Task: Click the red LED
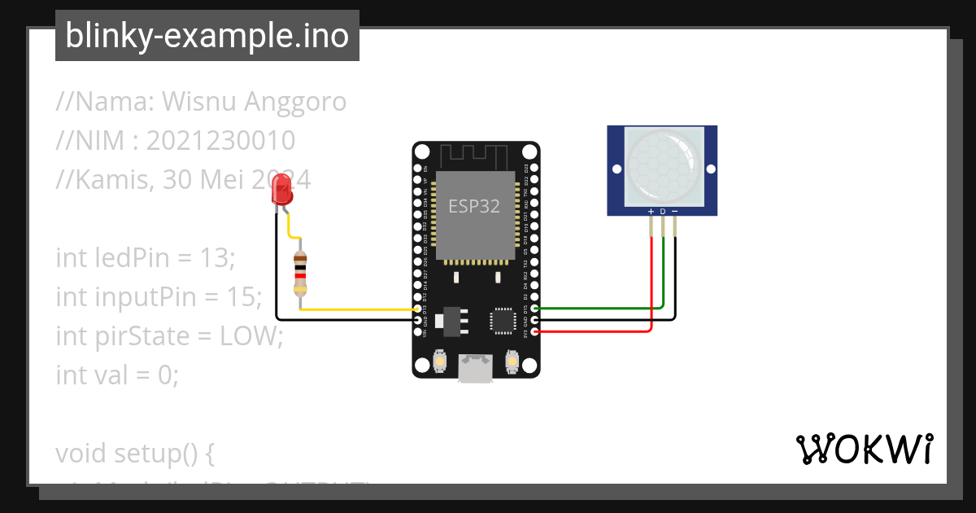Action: [x=281, y=192]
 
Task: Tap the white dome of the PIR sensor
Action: [x=663, y=166]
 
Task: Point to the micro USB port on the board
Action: [x=475, y=367]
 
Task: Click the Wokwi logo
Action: [x=864, y=449]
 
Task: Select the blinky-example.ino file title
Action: [x=207, y=36]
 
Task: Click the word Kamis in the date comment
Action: [x=101, y=180]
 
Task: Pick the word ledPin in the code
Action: [x=133, y=258]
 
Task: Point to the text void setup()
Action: [x=135, y=453]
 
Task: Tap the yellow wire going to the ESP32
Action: [x=358, y=309]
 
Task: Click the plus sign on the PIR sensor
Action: [x=651, y=212]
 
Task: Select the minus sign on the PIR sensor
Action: [x=675, y=212]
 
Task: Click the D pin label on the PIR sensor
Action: [x=663, y=212]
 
